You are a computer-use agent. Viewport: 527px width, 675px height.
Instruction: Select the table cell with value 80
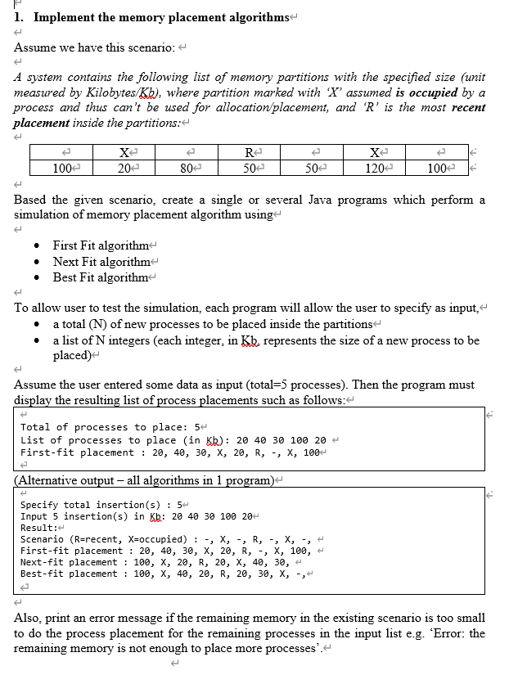186,169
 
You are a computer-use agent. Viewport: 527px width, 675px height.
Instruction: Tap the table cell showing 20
124,169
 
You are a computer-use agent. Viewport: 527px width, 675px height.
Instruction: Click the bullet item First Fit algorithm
101,246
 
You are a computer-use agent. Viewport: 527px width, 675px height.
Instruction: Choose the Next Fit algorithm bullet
101,262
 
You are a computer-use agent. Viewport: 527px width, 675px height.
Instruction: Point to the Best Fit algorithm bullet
101,277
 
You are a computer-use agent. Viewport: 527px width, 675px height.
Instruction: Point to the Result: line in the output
38,528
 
